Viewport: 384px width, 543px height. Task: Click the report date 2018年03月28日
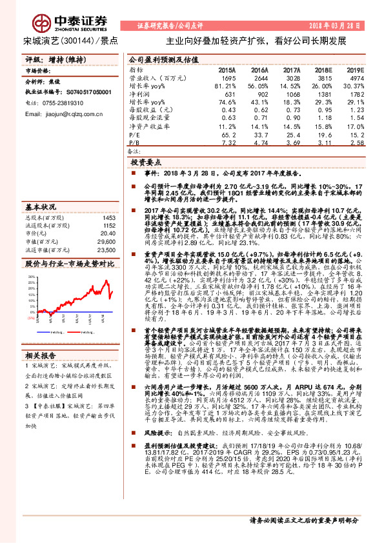tap(342, 25)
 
